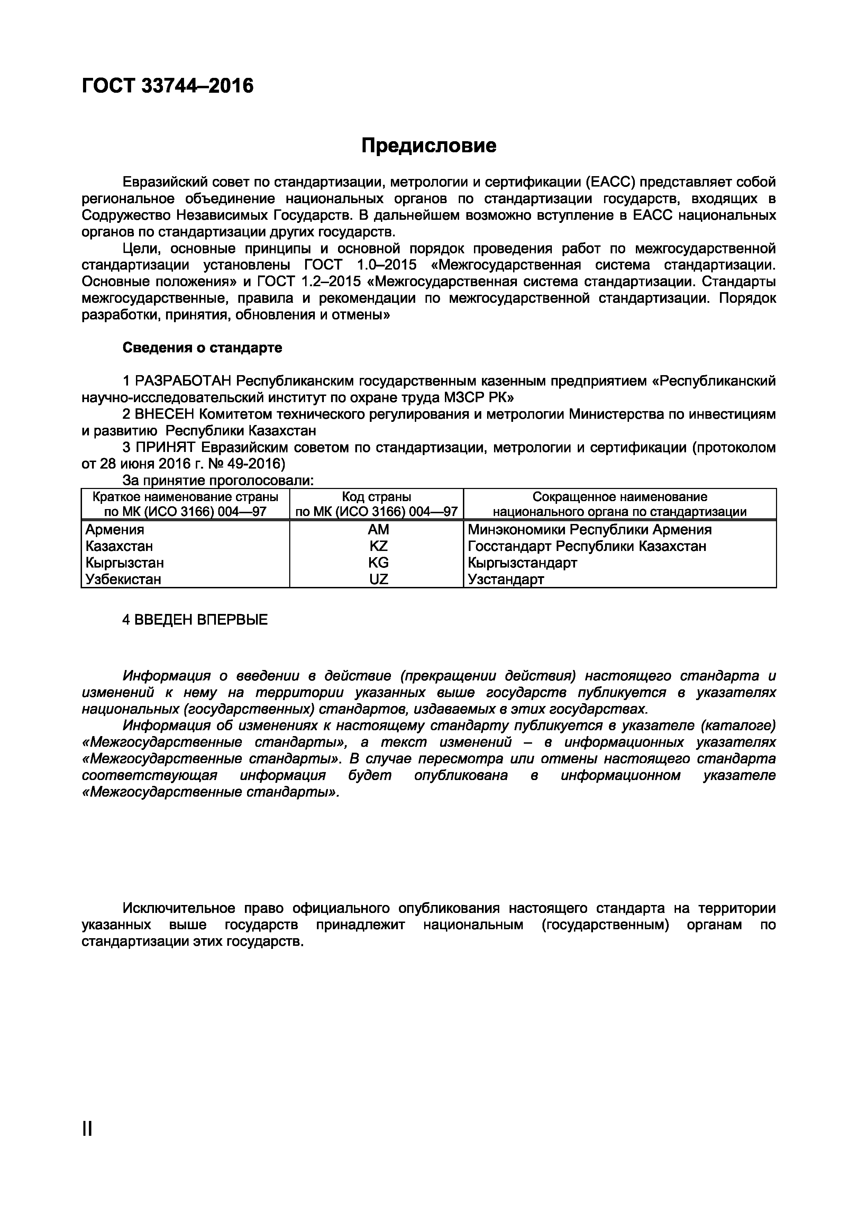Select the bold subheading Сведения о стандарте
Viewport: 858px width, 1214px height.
pyautogui.click(x=202, y=347)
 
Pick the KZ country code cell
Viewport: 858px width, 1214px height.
pyautogui.click(x=378, y=546)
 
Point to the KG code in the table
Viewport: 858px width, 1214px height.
pyautogui.click(x=378, y=563)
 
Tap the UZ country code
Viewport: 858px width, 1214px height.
pyautogui.click(x=378, y=579)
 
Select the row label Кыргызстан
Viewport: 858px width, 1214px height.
pyautogui.click(x=125, y=563)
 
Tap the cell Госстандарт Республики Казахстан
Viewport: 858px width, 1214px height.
pyautogui.click(x=587, y=546)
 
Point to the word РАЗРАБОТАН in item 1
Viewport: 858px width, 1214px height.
pyautogui.click(x=183, y=381)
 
